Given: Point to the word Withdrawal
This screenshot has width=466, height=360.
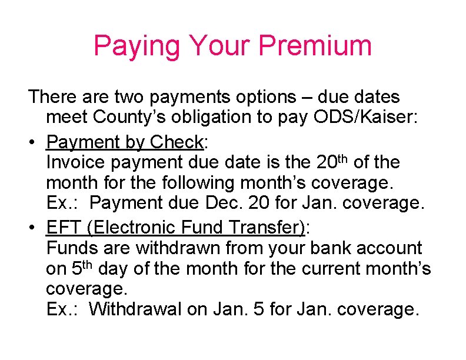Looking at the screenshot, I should coord(135,308).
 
